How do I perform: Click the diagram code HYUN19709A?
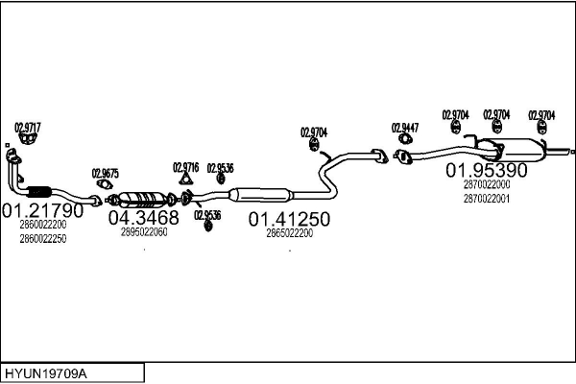pyautogui.click(x=46, y=374)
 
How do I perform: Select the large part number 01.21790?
pyautogui.click(x=43, y=210)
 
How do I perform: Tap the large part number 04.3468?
pyautogui.click(x=144, y=218)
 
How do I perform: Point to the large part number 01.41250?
pyautogui.click(x=289, y=220)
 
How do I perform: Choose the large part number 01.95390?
pyautogui.click(x=487, y=170)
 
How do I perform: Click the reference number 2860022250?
pyautogui.click(x=43, y=239)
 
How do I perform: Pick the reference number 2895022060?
pyautogui.click(x=144, y=232)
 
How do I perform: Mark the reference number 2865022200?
pyautogui.click(x=290, y=233)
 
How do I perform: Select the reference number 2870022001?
pyautogui.click(x=487, y=199)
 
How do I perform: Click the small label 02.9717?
pyautogui.click(x=28, y=128)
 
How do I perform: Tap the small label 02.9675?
pyautogui.click(x=106, y=174)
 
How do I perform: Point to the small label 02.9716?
pyautogui.click(x=186, y=168)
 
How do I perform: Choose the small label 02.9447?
pyautogui.click(x=405, y=128)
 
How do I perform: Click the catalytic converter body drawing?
pyautogui.click(x=142, y=199)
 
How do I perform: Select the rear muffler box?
pyautogui.click(x=515, y=150)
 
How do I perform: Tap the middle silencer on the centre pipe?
pyautogui.click(x=261, y=194)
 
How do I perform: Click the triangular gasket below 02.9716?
pyautogui.click(x=186, y=179)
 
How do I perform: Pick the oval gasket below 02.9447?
pyautogui.click(x=405, y=139)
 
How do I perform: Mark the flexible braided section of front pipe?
pyautogui.click(x=39, y=191)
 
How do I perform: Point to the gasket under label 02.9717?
pyautogui.click(x=28, y=138)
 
